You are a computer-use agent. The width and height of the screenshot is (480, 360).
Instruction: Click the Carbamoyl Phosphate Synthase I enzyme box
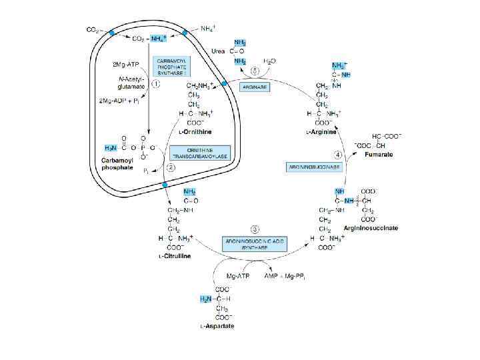(x=172, y=67)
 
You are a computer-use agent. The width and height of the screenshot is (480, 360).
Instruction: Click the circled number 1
(x=155, y=84)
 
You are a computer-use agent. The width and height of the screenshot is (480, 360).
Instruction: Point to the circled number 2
(x=171, y=168)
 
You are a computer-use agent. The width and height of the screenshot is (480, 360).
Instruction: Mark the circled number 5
(x=254, y=71)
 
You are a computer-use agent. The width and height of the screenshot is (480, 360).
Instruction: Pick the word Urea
(x=217, y=50)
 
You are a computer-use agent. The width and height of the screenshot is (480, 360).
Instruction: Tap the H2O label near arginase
(x=269, y=61)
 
